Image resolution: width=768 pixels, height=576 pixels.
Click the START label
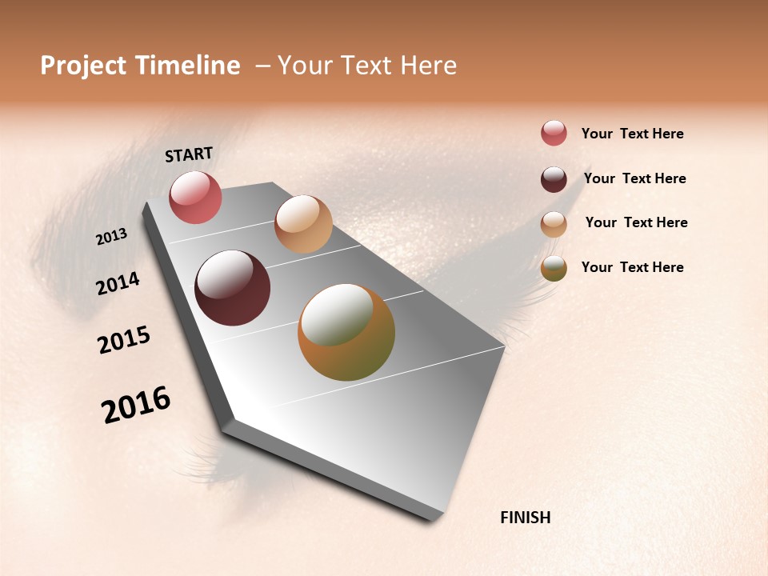coord(189,154)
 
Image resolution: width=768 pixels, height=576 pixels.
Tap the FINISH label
coord(525,518)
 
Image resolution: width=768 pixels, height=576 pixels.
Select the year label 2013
coord(112,237)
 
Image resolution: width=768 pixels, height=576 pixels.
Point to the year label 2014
coord(118,283)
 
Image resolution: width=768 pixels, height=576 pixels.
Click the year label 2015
coord(124,340)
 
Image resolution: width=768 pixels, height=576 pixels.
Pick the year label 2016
coord(136,405)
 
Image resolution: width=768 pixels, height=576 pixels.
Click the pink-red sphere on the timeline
coord(195,197)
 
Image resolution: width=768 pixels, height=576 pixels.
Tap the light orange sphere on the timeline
coord(303,224)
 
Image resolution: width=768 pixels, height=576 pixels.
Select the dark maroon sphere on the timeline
coord(232,288)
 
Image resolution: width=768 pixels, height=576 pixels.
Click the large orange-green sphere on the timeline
coord(346,331)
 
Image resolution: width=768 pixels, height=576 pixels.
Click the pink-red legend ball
coord(554,133)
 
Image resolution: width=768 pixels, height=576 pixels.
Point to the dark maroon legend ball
coord(554,179)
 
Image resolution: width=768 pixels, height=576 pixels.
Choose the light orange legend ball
coord(554,224)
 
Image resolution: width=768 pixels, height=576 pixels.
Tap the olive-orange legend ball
coord(554,269)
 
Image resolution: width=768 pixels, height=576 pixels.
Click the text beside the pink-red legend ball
coord(632,134)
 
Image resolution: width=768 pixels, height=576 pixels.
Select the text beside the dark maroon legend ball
coord(634,178)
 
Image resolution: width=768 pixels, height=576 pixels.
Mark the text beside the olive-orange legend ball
coord(632,267)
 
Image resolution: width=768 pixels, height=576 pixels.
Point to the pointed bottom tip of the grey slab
coord(437,518)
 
